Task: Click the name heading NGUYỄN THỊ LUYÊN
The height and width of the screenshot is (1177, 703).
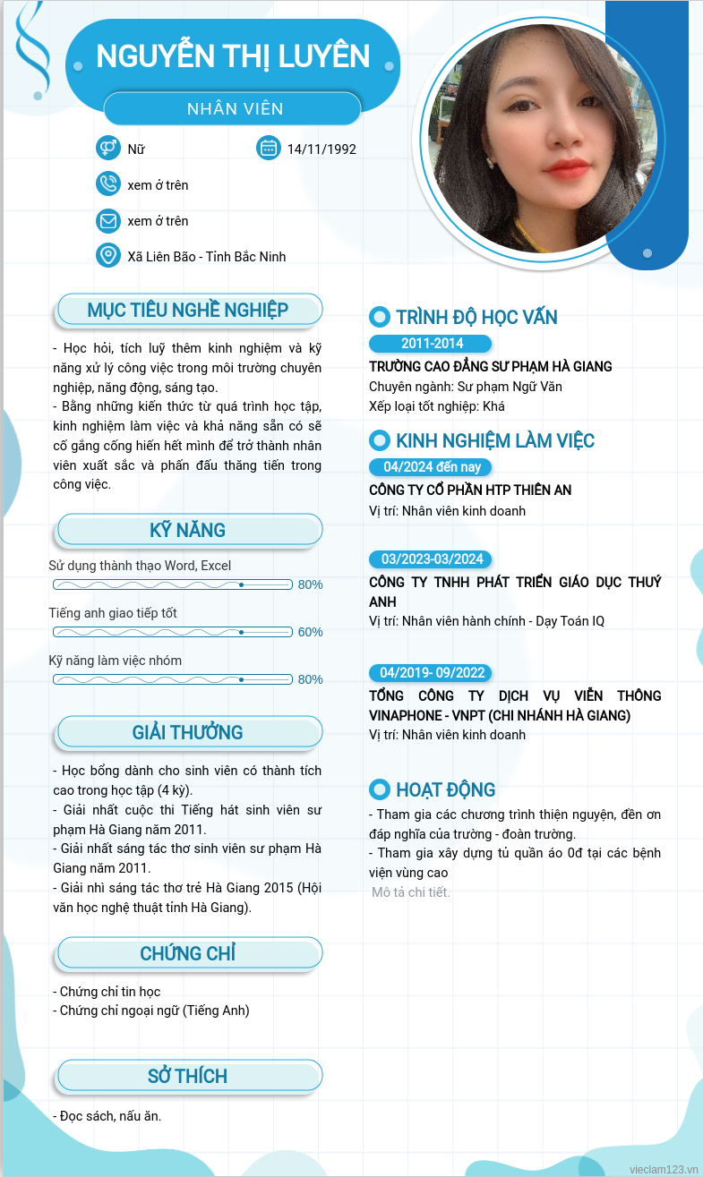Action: tap(233, 56)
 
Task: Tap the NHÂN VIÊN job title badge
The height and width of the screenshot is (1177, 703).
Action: tap(235, 109)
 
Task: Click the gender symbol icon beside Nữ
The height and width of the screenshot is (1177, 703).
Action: tap(107, 148)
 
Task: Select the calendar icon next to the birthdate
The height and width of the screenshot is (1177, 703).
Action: tap(268, 148)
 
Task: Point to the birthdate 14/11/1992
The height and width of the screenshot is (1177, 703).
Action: tap(321, 149)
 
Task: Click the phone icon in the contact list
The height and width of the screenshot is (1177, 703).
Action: tap(107, 184)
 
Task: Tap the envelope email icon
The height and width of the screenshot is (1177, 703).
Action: tap(107, 220)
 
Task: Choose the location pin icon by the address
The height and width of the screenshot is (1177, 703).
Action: tap(107, 256)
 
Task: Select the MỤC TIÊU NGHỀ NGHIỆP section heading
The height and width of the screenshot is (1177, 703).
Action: tap(188, 311)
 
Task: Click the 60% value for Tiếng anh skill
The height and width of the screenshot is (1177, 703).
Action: tap(310, 632)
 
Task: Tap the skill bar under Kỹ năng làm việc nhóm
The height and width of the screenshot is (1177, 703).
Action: tap(173, 679)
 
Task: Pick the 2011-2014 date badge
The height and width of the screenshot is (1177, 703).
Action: tap(431, 344)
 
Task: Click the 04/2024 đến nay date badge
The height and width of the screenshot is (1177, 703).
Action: tap(431, 467)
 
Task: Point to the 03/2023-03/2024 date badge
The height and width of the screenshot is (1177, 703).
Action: tap(431, 559)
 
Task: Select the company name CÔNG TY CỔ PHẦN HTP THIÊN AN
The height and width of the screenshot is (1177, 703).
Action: tap(470, 490)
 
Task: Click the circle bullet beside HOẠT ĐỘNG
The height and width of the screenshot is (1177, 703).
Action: tap(380, 789)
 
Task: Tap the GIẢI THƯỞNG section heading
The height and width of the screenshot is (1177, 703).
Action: tap(188, 732)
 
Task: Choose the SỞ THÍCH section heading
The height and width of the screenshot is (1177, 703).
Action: tap(188, 1076)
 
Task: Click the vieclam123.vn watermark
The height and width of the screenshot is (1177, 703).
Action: tap(664, 1169)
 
